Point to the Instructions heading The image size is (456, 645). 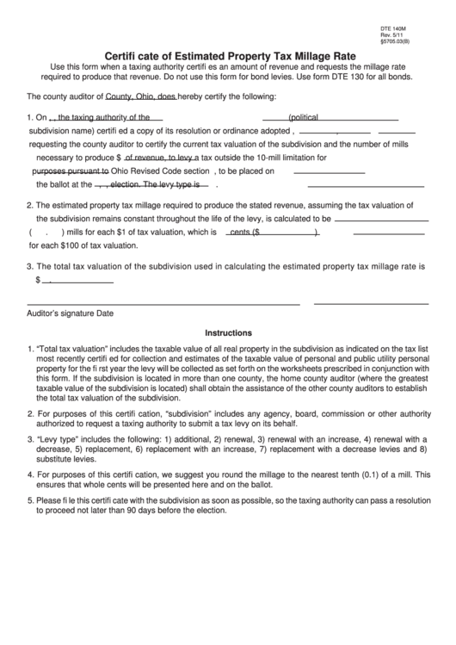228,332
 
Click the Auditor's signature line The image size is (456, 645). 163,304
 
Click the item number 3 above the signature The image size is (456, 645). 30,268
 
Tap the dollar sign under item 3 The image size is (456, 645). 39,280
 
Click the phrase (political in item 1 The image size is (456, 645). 309,117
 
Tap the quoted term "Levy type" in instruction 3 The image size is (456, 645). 60,440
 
